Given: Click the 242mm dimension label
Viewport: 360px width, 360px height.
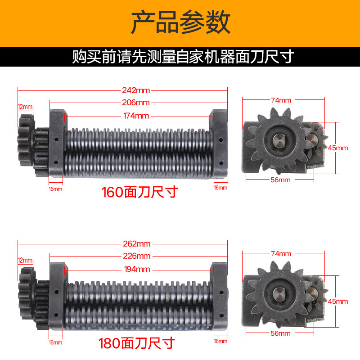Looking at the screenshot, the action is point(136,90).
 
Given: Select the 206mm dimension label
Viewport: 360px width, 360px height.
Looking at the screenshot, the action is point(136,103).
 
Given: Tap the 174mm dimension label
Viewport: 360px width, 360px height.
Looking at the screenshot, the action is point(136,116).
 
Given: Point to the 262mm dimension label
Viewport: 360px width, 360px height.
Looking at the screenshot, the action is point(137,244).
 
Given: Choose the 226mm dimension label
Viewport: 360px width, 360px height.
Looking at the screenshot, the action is point(137,256).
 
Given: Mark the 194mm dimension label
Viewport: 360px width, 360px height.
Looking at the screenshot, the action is point(137,269).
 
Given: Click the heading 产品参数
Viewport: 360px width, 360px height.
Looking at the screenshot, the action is point(180,22).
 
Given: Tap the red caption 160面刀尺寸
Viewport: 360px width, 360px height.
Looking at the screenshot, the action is point(140,192).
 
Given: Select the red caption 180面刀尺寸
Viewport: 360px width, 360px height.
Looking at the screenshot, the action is point(137,343).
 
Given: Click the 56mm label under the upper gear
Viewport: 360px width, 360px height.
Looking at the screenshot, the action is point(280,180).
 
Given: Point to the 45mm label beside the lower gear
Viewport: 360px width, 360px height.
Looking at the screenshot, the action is point(338,301).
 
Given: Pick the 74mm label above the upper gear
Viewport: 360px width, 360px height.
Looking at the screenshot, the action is point(281,100).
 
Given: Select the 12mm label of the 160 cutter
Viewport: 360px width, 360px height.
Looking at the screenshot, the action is point(25,107).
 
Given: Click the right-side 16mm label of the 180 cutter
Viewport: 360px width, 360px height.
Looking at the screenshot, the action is point(220,341).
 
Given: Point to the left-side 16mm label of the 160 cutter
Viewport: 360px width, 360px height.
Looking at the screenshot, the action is point(55,189).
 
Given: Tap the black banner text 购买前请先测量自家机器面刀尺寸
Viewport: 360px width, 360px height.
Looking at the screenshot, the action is point(183,57).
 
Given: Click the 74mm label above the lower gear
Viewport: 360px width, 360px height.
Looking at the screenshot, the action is point(281,254).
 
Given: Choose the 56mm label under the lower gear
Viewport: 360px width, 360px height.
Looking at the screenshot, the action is point(280,333).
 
